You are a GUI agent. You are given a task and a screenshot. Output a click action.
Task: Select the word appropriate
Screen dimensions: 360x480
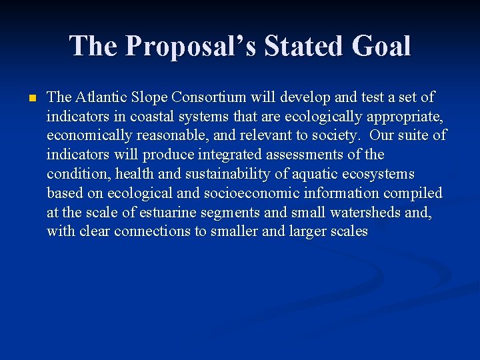[404, 117]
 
